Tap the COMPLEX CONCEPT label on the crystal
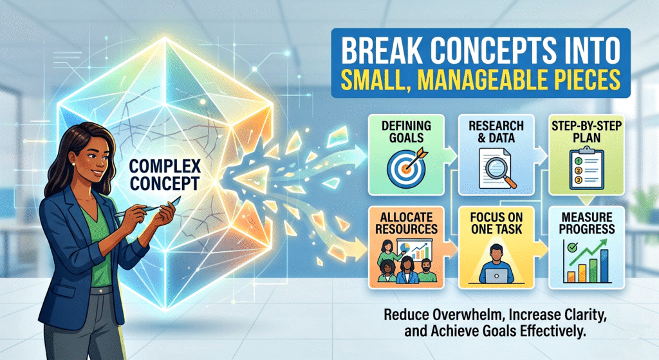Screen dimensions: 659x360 click(165, 175)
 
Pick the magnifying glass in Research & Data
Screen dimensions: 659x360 click(500, 171)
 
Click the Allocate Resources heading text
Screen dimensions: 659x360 click(407, 223)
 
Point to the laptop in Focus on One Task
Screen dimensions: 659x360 click(496, 276)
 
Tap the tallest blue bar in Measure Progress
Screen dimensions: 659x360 click(604, 266)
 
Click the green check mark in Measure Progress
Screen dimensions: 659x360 click(572, 247)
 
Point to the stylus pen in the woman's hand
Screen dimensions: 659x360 click(148, 208)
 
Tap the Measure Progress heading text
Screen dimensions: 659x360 click(587, 223)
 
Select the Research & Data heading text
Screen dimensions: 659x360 click(496, 131)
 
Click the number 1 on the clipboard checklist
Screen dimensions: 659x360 click(578, 161)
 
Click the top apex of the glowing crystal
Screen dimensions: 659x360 click(165, 38)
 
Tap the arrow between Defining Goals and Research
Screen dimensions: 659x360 click(450, 154)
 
